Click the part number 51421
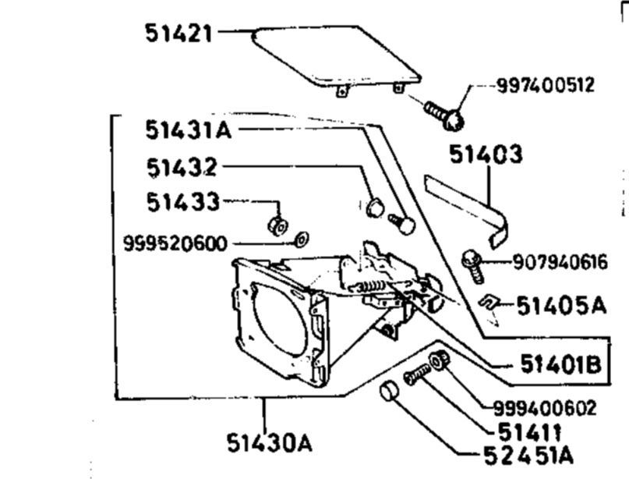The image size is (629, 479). tap(178, 33)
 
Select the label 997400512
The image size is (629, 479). tap(545, 85)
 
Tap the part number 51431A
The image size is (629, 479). tap(189, 130)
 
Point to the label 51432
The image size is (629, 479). tap(182, 168)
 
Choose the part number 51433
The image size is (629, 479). tap(183, 202)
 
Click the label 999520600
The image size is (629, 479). tap(175, 243)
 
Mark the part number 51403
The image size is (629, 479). tap(486, 154)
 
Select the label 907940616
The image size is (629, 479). tap(560, 263)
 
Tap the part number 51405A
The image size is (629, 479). tap(562, 306)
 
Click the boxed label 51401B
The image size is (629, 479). tap(561, 364)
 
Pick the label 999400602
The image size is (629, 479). tap(545, 409)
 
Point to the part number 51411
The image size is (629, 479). tap(528, 432)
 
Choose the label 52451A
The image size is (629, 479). tap(528, 456)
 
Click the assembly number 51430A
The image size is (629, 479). tap(269, 443)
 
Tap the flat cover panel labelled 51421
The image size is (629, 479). tap(336, 56)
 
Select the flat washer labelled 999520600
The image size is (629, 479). tap(302, 239)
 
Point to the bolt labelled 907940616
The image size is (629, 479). tap(473, 266)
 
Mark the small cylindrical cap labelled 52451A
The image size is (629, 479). tap(389, 391)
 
